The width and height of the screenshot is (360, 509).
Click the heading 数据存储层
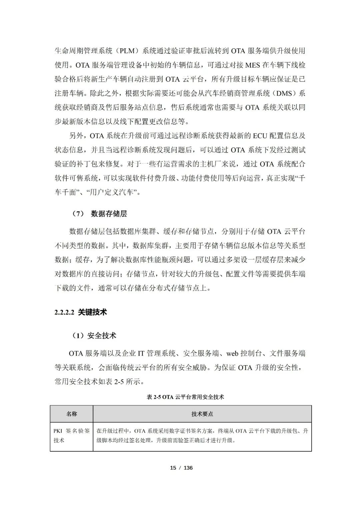click(109, 214)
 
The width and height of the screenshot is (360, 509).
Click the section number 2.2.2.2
click(64, 313)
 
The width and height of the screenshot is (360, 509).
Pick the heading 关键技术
click(92, 313)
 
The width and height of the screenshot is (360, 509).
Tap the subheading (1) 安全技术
click(94, 336)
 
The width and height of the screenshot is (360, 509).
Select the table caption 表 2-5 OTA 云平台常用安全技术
click(185, 397)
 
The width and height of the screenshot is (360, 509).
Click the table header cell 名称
click(72, 414)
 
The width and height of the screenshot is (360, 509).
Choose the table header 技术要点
click(202, 414)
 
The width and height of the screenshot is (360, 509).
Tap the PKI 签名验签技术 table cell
click(72, 435)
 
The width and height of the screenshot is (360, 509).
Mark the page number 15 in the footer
click(173, 468)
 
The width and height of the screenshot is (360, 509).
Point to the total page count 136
click(188, 468)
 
